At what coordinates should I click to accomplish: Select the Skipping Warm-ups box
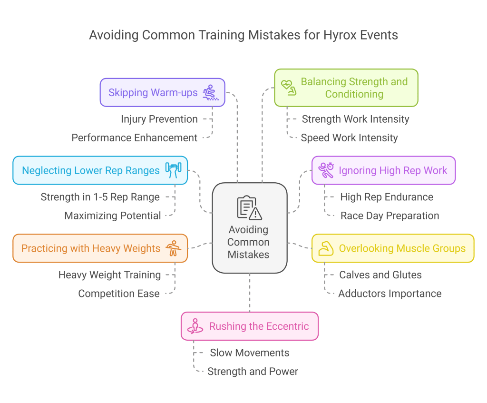[x=162, y=92]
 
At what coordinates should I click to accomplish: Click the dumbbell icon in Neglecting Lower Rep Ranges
[x=173, y=170]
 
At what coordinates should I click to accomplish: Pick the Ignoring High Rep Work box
[x=383, y=170]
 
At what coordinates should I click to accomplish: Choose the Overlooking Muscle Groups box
[x=393, y=248]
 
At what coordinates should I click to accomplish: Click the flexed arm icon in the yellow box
[x=326, y=248]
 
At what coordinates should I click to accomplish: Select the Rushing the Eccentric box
[x=249, y=326]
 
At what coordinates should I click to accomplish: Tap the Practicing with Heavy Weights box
[x=100, y=248]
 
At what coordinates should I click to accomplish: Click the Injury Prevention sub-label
[x=159, y=119]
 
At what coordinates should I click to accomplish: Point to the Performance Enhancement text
[x=134, y=138]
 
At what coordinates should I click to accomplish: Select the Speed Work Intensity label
[x=349, y=138]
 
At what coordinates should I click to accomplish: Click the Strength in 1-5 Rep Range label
[x=100, y=197]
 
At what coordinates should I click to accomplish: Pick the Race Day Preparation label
[x=390, y=216]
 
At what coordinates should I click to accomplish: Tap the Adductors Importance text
[x=390, y=294]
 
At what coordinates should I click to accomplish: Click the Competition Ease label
[x=119, y=294]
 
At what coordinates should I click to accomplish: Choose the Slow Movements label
[x=249, y=353]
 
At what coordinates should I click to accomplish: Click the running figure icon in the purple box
[x=326, y=170]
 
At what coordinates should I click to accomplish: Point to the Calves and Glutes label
[x=380, y=275]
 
